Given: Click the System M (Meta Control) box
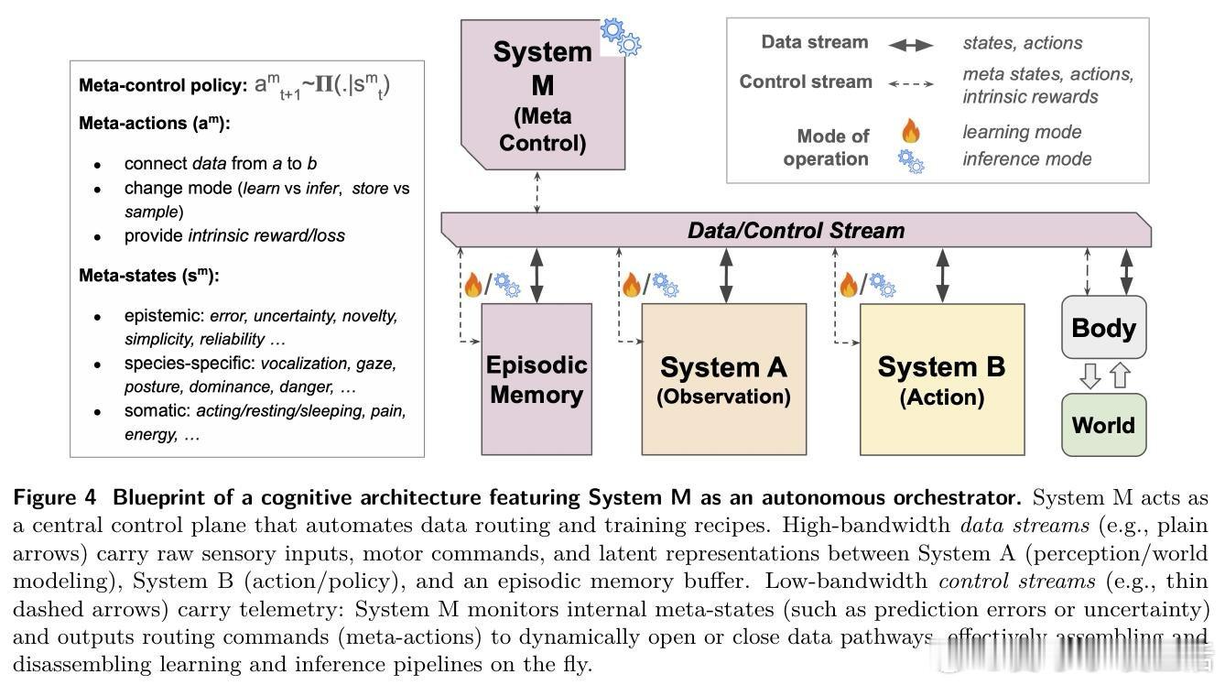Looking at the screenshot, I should pyautogui.click(x=542, y=96).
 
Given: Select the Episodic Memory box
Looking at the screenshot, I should pyautogui.click(x=537, y=379).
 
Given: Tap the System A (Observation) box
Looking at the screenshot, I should pyautogui.click(x=723, y=379).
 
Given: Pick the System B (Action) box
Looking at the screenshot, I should pyautogui.click(x=941, y=379).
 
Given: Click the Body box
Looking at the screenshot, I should pyautogui.click(x=1103, y=327).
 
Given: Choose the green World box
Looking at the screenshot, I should pyautogui.click(x=1103, y=425).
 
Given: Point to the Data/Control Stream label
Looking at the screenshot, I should pyautogui.click(x=796, y=230).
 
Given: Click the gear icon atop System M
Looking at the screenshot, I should pyautogui.click(x=620, y=37).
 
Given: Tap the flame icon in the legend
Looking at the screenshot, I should pyautogui.click(x=910, y=131).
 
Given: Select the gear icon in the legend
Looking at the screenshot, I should pyautogui.click(x=910, y=162).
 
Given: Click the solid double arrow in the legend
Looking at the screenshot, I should pyautogui.click(x=910, y=45).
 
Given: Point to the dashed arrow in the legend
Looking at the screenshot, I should pyautogui.click(x=910, y=84).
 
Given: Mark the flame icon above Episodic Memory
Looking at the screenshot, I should pyautogui.click(x=473, y=285).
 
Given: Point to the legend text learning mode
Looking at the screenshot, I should pyautogui.click(x=1022, y=132).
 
